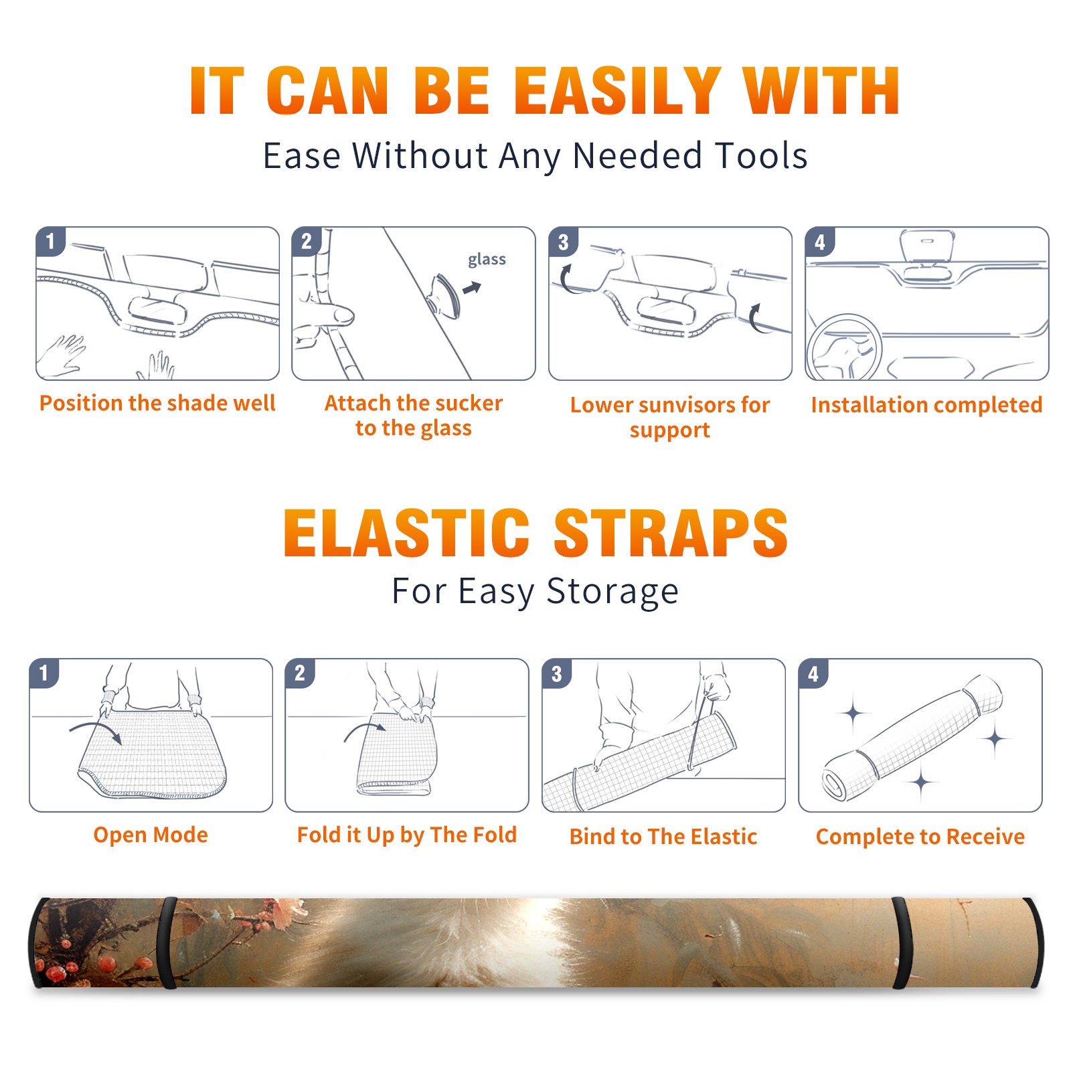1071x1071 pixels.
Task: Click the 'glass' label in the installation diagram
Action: tap(487, 260)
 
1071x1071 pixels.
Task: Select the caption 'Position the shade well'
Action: tap(157, 403)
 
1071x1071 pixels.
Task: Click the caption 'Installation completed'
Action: tap(926, 404)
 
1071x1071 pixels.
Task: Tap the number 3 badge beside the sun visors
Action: tap(563, 242)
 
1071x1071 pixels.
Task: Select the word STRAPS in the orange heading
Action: tap(671, 533)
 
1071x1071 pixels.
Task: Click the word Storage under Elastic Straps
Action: tap(612, 592)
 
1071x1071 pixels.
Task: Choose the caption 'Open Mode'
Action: tap(151, 835)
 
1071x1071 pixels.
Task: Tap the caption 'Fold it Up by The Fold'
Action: tap(407, 835)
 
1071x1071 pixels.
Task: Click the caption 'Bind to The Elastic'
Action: tap(663, 836)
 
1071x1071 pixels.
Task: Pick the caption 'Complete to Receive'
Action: tap(920, 836)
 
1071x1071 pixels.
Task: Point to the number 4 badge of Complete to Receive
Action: tap(813, 673)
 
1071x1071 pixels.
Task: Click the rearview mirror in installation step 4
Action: tap(927, 246)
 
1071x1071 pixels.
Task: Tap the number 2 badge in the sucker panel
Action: tap(307, 242)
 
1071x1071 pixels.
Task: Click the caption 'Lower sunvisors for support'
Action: tap(670, 417)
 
